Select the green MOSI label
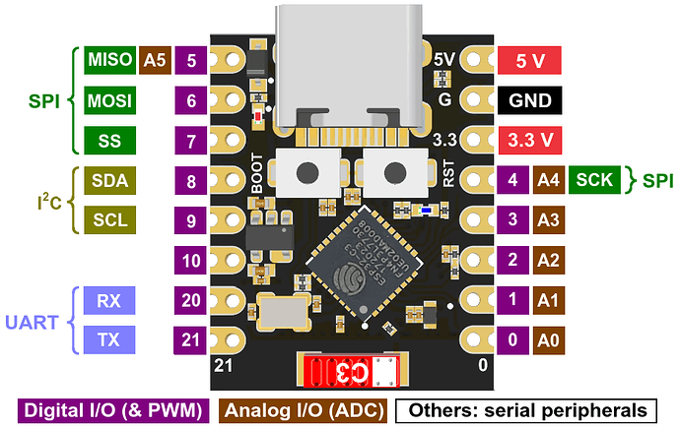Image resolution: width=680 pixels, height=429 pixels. point(109,100)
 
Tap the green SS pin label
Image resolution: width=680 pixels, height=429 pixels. point(109,141)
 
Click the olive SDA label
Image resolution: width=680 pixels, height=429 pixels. point(109,181)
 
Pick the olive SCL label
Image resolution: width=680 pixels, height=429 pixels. point(109,220)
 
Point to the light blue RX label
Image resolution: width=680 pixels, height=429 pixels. point(109,300)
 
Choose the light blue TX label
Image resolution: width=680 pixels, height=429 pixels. point(109,340)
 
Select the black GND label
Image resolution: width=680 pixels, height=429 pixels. point(530,100)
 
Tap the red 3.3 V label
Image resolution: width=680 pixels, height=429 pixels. point(530,141)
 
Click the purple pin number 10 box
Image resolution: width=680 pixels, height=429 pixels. point(190,261)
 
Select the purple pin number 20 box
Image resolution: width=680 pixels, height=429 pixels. point(190,300)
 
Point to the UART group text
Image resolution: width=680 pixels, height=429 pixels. point(32,321)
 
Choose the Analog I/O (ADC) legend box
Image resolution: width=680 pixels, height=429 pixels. point(302,409)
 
